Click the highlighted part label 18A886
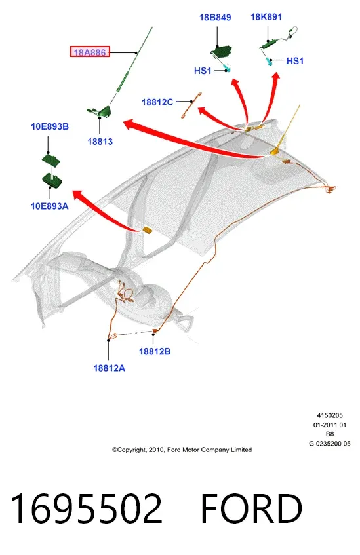click(x=90, y=52)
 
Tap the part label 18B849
click(x=215, y=17)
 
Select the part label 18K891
click(x=266, y=16)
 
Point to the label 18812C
click(x=157, y=102)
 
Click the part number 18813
click(x=100, y=142)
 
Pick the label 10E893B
click(x=50, y=126)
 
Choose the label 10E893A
click(x=50, y=206)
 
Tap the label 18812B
click(x=155, y=351)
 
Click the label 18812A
click(x=109, y=368)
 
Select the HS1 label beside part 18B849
click(x=203, y=71)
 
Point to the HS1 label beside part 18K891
click(x=295, y=61)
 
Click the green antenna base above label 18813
click(x=100, y=111)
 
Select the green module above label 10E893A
click(x=52, y=180)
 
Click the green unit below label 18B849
click(x=221, y=52)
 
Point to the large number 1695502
click(x=87, y=508)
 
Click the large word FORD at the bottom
click(x=251, y=508)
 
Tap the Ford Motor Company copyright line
click(x=182, y=450)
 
